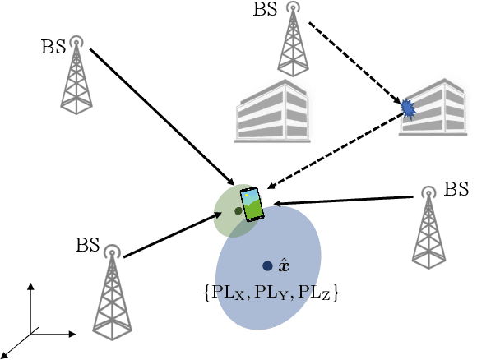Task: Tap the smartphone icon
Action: pos(252,205)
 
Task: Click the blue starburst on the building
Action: pos(408,108)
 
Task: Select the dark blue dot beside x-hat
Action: pos(267,266)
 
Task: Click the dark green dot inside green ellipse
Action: pos(238,211)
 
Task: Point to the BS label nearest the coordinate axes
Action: pos(88,244)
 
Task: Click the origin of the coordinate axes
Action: pos(31,333)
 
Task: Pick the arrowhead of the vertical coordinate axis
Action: pos(31,285)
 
